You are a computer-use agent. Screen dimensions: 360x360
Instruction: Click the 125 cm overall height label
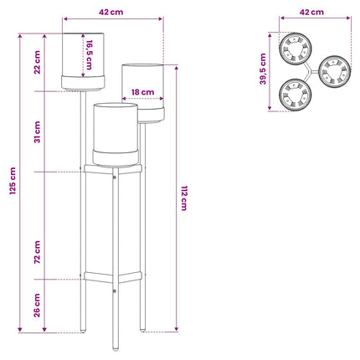13,181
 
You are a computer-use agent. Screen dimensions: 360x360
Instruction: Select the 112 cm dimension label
184,198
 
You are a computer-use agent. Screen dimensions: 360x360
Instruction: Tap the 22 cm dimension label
37,62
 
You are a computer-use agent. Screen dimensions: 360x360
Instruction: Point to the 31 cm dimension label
37,132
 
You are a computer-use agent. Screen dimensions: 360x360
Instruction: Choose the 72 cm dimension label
37,252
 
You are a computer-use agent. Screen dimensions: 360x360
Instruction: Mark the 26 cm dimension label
37,306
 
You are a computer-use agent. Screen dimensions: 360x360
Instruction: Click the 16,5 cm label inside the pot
89,55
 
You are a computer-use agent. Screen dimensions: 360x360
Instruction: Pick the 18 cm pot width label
142,92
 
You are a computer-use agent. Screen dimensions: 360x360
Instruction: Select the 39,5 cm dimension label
263,69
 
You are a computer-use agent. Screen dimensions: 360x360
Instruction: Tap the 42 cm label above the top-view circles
311,12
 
